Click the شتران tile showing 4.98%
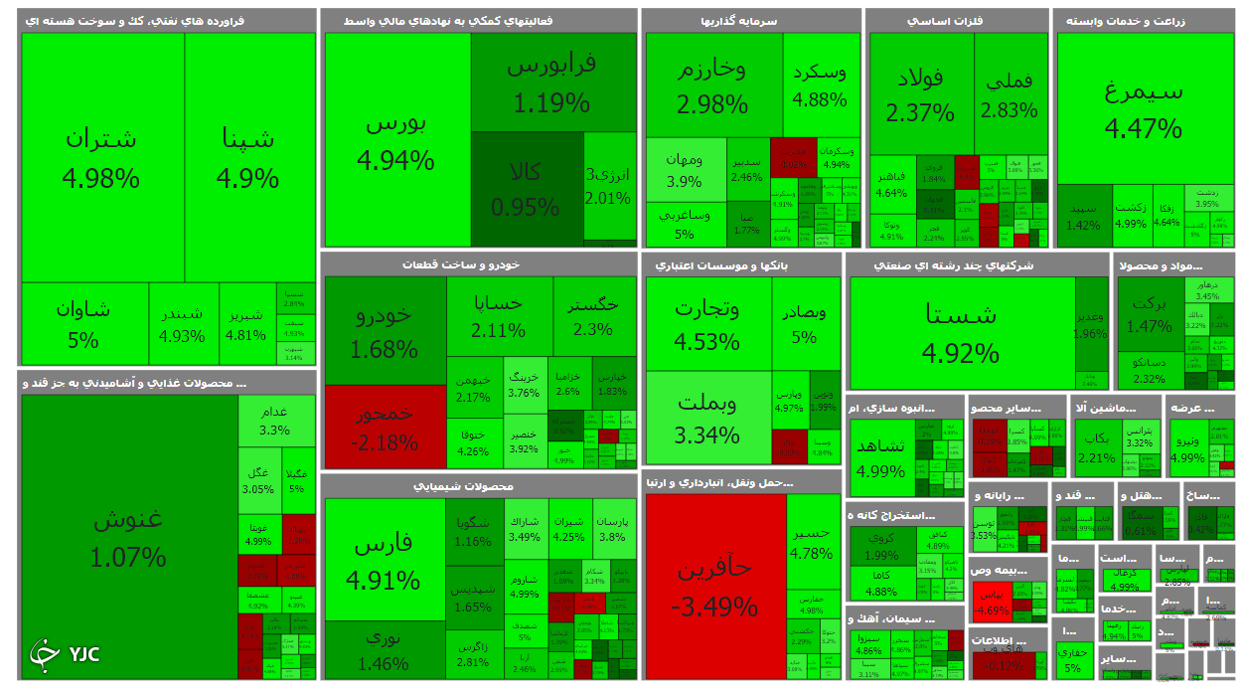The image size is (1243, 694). [x=101, y=157]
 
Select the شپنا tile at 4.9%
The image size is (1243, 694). [x=248, y=157]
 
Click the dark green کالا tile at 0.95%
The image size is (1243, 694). [x=526, y=188]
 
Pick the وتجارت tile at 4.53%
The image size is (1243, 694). [x=707, y=323]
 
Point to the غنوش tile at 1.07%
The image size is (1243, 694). [x=128, y=537]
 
